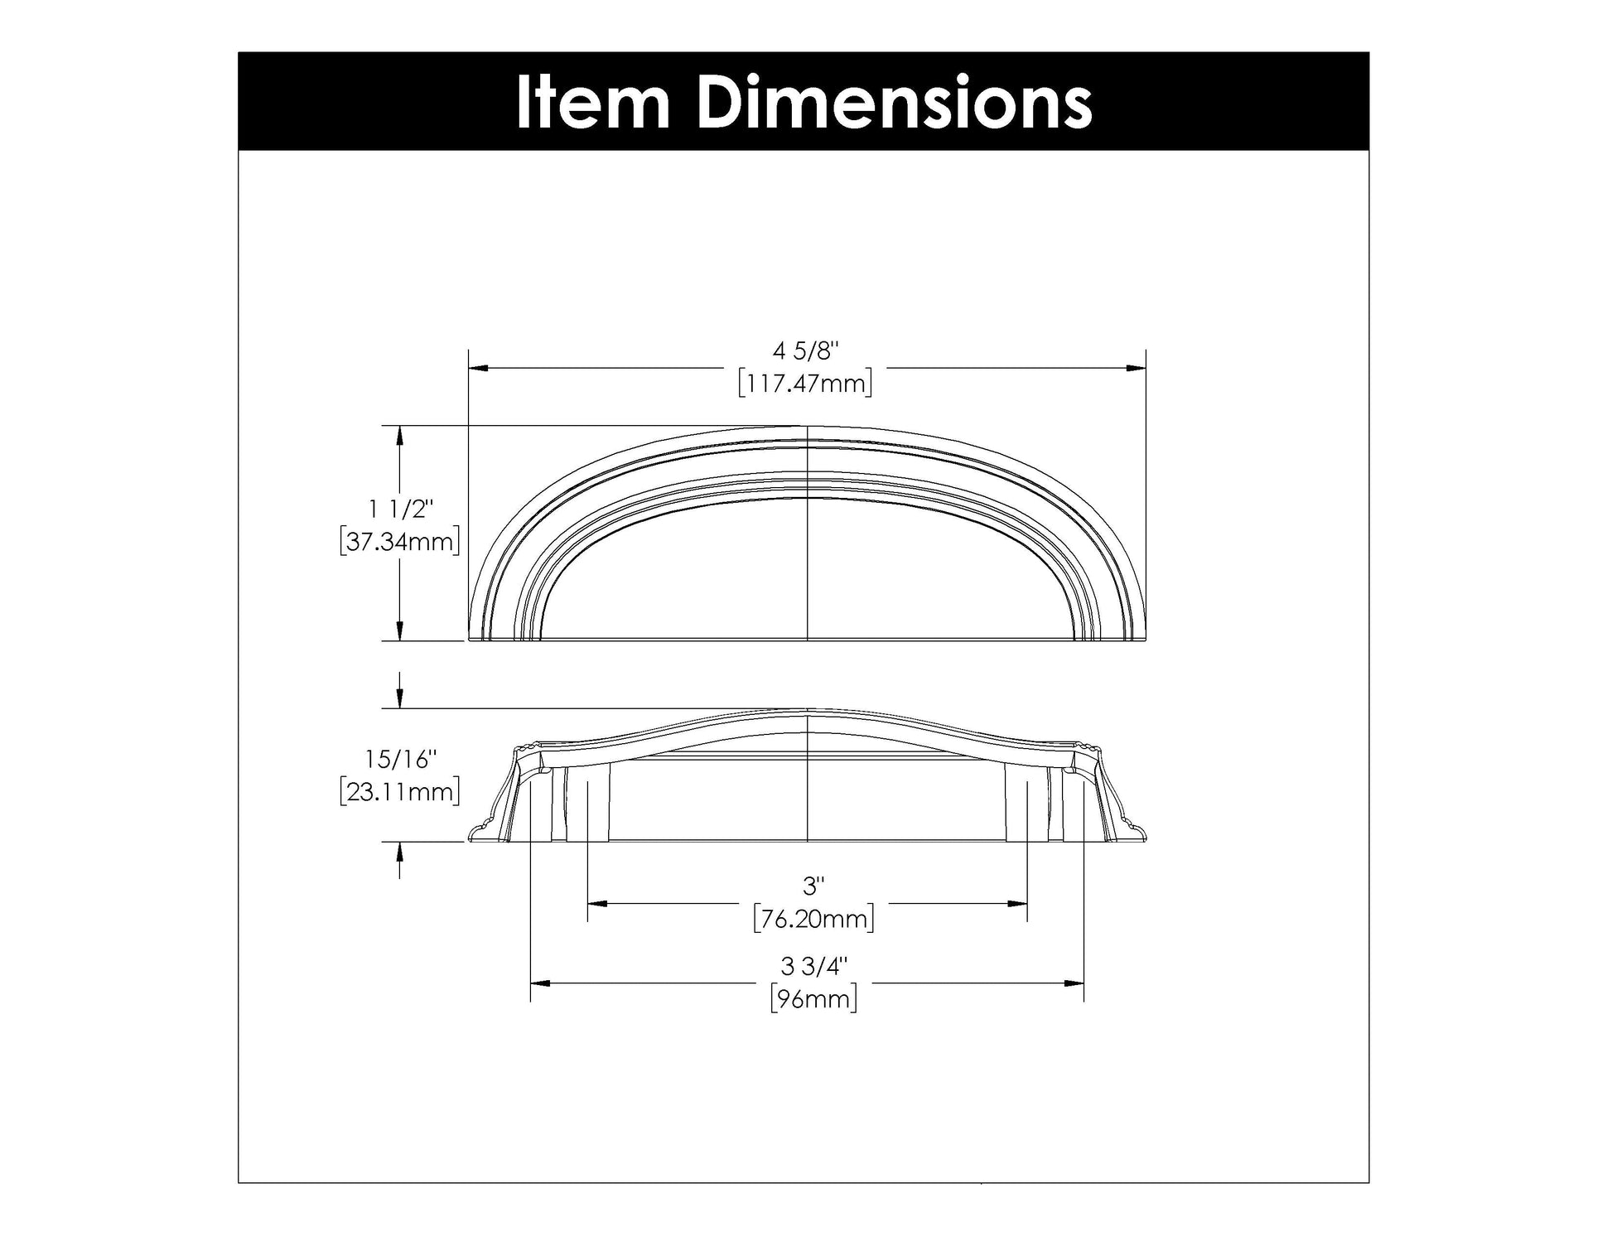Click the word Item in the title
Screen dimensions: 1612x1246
pyautogui.click(x=591, y=103)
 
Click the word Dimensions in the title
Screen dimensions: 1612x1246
pyautogui.click(x=894, y=103)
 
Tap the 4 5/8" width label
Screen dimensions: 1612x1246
pyautogui.click(x=806, y=351)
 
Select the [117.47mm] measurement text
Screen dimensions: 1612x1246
pyautogui.click(x=805, y=384)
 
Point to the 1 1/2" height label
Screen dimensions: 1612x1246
pyautogui.click(x=401, y=509)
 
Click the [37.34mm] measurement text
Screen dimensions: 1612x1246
pyautogui.click(x=400, y=542)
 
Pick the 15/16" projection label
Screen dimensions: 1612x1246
pyautogui.click(x=400, y=758)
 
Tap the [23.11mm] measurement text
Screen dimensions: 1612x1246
pyautogui.click(x=400, y=791)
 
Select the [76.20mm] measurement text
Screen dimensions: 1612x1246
pyautogui.click(x=813, y=920)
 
